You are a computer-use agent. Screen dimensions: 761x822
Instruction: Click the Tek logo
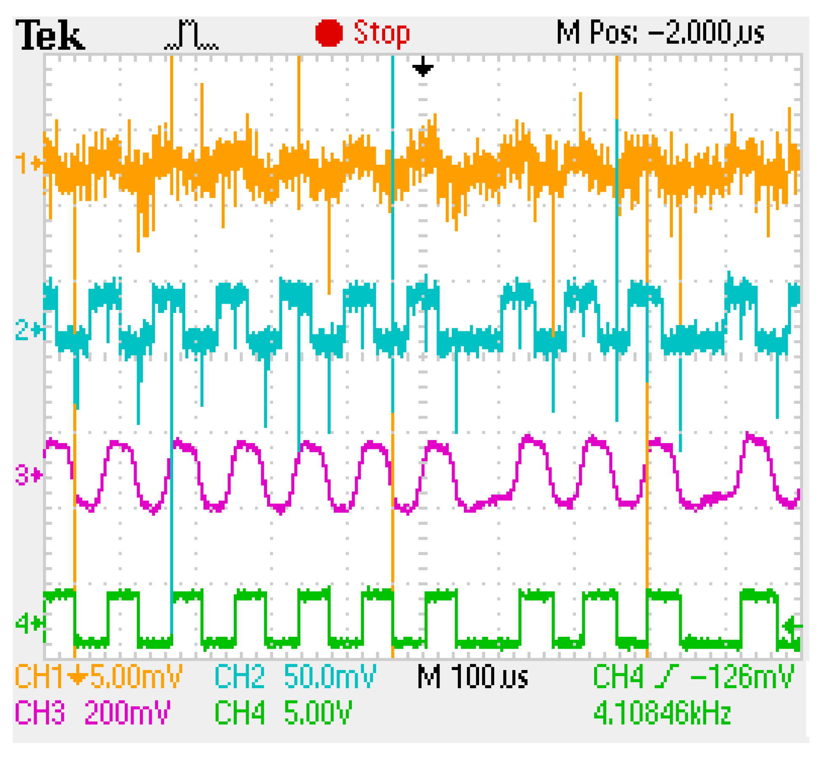(50, 35)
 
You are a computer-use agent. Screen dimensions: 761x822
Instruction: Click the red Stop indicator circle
(329, 32)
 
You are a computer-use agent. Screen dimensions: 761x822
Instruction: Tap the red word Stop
(381, 32)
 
